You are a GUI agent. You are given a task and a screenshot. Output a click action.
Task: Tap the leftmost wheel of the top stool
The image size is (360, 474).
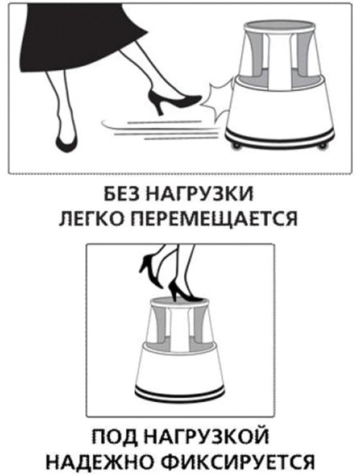234,147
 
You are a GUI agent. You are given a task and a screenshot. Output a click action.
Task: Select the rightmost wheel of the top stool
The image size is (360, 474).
323,146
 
